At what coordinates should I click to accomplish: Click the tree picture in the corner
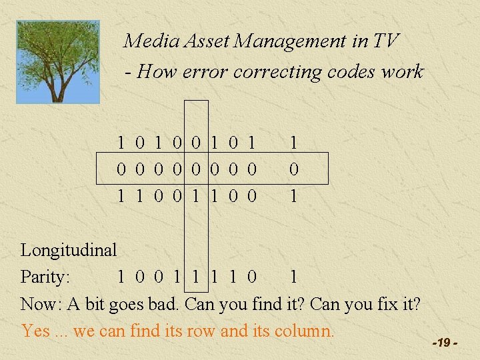59,61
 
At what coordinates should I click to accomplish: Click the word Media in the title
143,41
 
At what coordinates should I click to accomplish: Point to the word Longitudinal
69,251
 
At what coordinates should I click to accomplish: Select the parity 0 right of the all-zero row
293,169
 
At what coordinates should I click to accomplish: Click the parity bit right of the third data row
293,196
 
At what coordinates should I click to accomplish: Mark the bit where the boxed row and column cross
195,169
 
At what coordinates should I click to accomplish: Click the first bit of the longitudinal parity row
121,277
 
